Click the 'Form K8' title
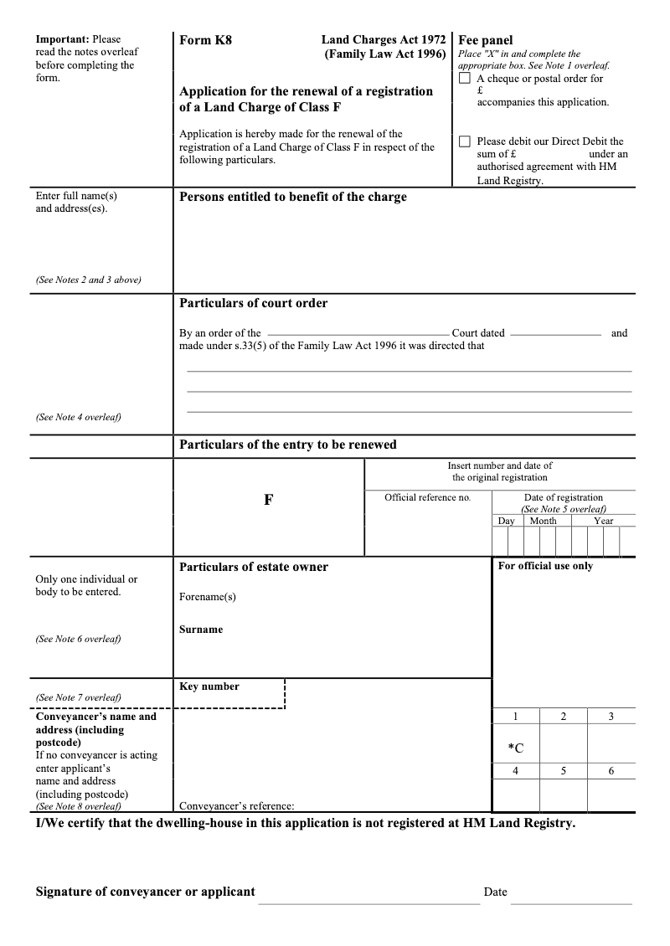(205, 39)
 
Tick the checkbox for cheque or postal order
(465, 79)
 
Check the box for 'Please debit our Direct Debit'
(465, 141)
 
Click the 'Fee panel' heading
(485, 40)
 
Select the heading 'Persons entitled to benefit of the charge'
(293, 197)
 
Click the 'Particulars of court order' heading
(254, 303)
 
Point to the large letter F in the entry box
(268, 500)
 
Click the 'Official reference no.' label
(427, 497)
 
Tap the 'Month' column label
(543, 521)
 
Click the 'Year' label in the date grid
(603, 521)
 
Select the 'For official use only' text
(545, 566)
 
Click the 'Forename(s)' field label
(208, 597)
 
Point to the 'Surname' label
(201, 630)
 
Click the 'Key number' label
(209, 686)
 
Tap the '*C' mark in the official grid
(516, 748)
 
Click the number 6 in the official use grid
(611, 771)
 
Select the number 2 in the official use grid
(563, 717)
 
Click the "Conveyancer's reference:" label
(237, 807)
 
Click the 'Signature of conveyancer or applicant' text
(145, 892)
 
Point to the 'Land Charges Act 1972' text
(383, 39)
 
